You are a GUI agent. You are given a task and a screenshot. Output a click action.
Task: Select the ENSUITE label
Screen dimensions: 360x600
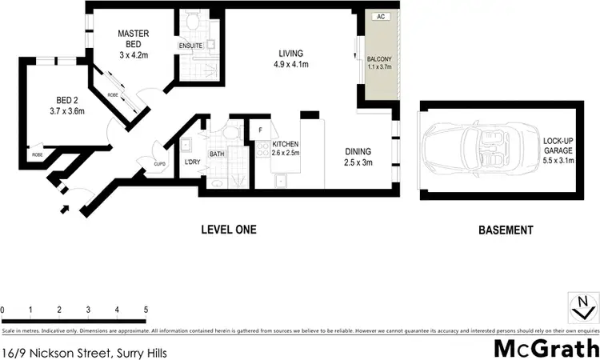(x=191, y=46)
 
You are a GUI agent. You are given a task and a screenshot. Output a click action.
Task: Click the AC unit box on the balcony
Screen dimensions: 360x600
(x=381, y=16)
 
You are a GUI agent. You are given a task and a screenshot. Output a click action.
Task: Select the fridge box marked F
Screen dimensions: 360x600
(x=260, y=130)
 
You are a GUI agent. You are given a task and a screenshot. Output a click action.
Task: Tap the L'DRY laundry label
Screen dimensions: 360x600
(x=192, y=163)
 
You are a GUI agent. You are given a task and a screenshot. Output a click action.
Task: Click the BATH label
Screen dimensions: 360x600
(x=217, y=154)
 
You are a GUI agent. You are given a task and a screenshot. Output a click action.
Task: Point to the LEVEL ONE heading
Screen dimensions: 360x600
(x=228, y=230)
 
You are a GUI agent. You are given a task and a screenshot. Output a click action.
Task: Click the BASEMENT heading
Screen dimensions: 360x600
(x=505, y=230)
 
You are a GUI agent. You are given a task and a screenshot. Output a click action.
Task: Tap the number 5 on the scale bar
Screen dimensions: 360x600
(x=146, y=310)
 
